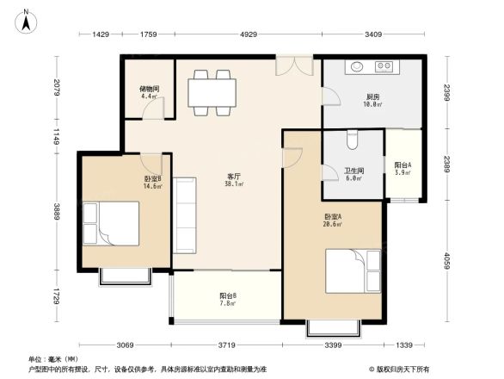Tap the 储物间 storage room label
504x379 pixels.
click(x=149, y=90)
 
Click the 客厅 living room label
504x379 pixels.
click(x=232, y=178)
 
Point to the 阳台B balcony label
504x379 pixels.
click(x=228, y=298)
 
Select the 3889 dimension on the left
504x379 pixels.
click(x=56, y=211)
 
